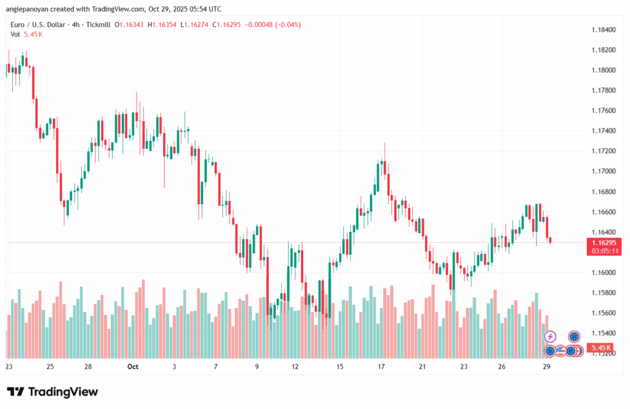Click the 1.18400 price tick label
(604, 30)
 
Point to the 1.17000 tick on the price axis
(604, 171)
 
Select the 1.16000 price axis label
(604, 272)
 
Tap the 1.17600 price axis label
(604, 111)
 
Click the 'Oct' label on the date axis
(133, 367)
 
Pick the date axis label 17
(381, 367)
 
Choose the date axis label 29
(546, 367)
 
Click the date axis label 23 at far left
(9, 367)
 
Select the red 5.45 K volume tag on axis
(600, 348)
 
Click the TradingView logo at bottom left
(52, 392)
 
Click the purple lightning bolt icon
(551, 336)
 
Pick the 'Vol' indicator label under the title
(15, 34)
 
